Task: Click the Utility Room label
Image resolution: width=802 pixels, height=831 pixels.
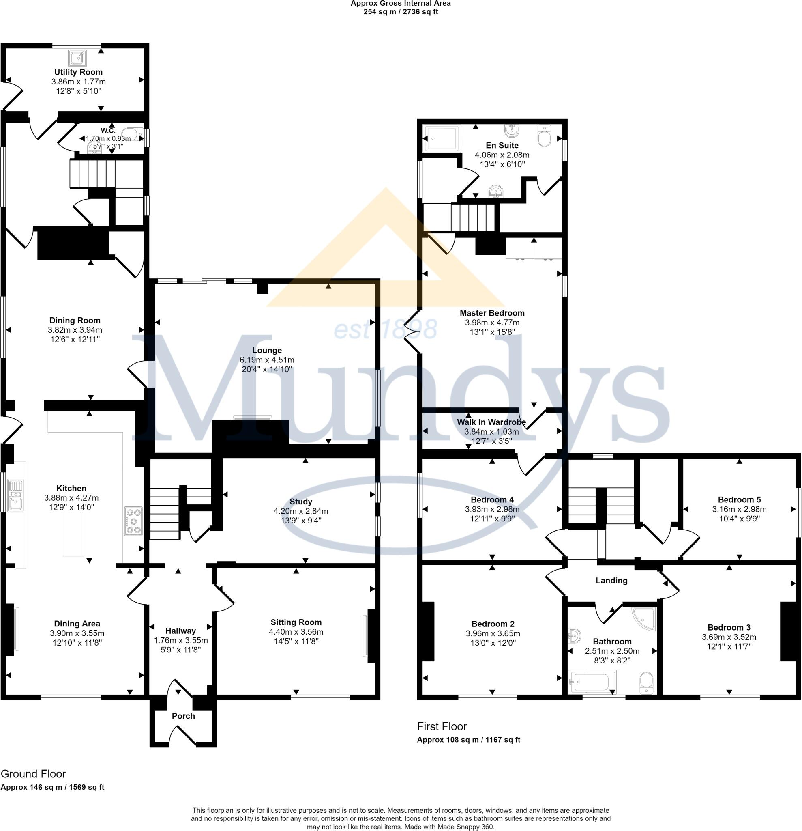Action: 78,72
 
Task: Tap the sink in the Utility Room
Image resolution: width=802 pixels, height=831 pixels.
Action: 78,58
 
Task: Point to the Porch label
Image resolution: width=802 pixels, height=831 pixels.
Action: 183,716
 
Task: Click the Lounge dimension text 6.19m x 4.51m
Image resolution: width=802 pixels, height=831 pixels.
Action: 266,360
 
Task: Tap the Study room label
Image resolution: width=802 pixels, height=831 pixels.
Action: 300,502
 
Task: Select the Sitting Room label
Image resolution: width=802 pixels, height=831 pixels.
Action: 296,622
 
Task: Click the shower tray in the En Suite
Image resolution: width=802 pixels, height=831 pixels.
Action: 442,138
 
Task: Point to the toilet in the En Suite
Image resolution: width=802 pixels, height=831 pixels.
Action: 543,135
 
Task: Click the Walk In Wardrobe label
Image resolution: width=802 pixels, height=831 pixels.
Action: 491,422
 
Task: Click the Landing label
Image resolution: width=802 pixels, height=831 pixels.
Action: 611,580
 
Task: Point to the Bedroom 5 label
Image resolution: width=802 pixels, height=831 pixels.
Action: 739,499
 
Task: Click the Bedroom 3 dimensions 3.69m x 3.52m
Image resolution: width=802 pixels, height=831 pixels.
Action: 729,637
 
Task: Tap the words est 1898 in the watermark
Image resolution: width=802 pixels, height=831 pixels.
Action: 385,329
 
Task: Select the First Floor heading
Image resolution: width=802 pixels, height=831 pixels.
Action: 442,726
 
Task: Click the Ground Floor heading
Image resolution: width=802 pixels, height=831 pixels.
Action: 33,774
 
